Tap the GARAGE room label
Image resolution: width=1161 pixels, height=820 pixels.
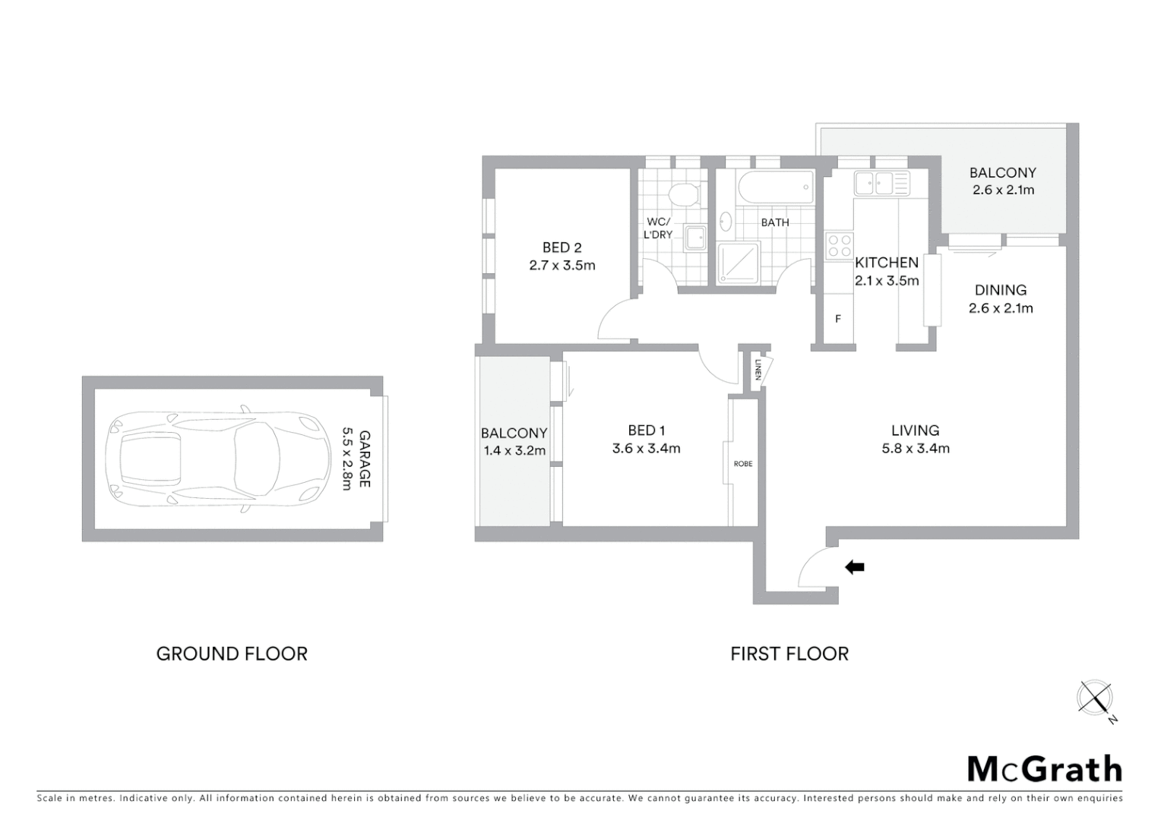pos(365,459)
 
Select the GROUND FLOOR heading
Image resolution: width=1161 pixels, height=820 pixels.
pos(232,654)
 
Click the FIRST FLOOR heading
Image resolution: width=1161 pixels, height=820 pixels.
pos(789,654)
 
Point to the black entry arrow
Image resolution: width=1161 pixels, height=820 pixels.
pos(855,566)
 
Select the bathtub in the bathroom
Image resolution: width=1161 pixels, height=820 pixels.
pos(775,188)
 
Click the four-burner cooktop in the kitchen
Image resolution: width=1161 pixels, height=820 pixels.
pos(840,246)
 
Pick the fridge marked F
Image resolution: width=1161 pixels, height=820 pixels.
pos(838,319)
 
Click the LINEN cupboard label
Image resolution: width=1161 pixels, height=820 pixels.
pos(758,370)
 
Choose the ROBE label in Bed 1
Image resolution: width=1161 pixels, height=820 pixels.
pos(743,464)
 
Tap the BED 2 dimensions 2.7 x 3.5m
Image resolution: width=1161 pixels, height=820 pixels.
pos(562,266)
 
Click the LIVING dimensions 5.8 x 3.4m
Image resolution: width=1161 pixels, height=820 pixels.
pos(916,449)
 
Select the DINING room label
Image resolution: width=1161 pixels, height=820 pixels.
pos(1001,290)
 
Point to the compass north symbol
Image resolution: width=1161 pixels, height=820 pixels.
pos(1095,698)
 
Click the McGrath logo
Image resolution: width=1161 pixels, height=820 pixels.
pos(1045,769)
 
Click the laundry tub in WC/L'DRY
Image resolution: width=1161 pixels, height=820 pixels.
pos(695,238)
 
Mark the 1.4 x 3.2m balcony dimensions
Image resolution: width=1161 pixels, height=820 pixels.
pos(514,451)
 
